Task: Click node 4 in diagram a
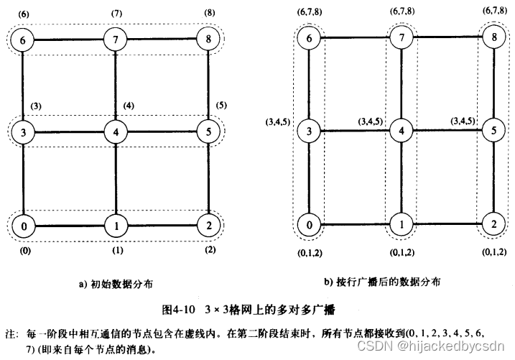click(x=115, y=131)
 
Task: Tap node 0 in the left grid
click(x=24, y=226)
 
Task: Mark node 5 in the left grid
click(x=208, y=132)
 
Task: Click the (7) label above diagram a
click(x=116, y=14)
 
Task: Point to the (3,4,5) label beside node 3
click(x=277, y=122)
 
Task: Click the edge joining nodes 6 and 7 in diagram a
click(x=70, y=39)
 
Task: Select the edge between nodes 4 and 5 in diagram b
click(x=446, y=131)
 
